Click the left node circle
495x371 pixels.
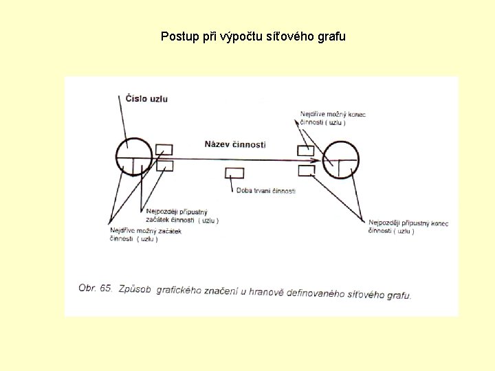coord(133,157)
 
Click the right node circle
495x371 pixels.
coord(340,159)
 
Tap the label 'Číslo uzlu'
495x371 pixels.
coord(146,98)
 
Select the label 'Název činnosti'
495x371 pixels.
coord(235,144)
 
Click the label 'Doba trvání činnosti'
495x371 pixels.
coord(265,190)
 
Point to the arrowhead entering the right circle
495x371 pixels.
coord(318,159)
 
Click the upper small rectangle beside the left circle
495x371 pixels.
coord(164,150)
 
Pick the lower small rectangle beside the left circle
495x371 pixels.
coord(164,166)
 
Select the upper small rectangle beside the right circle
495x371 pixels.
coord(305,150)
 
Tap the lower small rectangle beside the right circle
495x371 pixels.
coord(306,169)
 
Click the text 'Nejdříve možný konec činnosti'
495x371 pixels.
coord(333,118)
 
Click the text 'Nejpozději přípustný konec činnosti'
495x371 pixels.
coord(408,227)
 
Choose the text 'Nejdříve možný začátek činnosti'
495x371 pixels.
coord(145,235)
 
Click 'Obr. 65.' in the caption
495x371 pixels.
coord(96,289)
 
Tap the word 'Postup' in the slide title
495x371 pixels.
coord(177,36)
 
